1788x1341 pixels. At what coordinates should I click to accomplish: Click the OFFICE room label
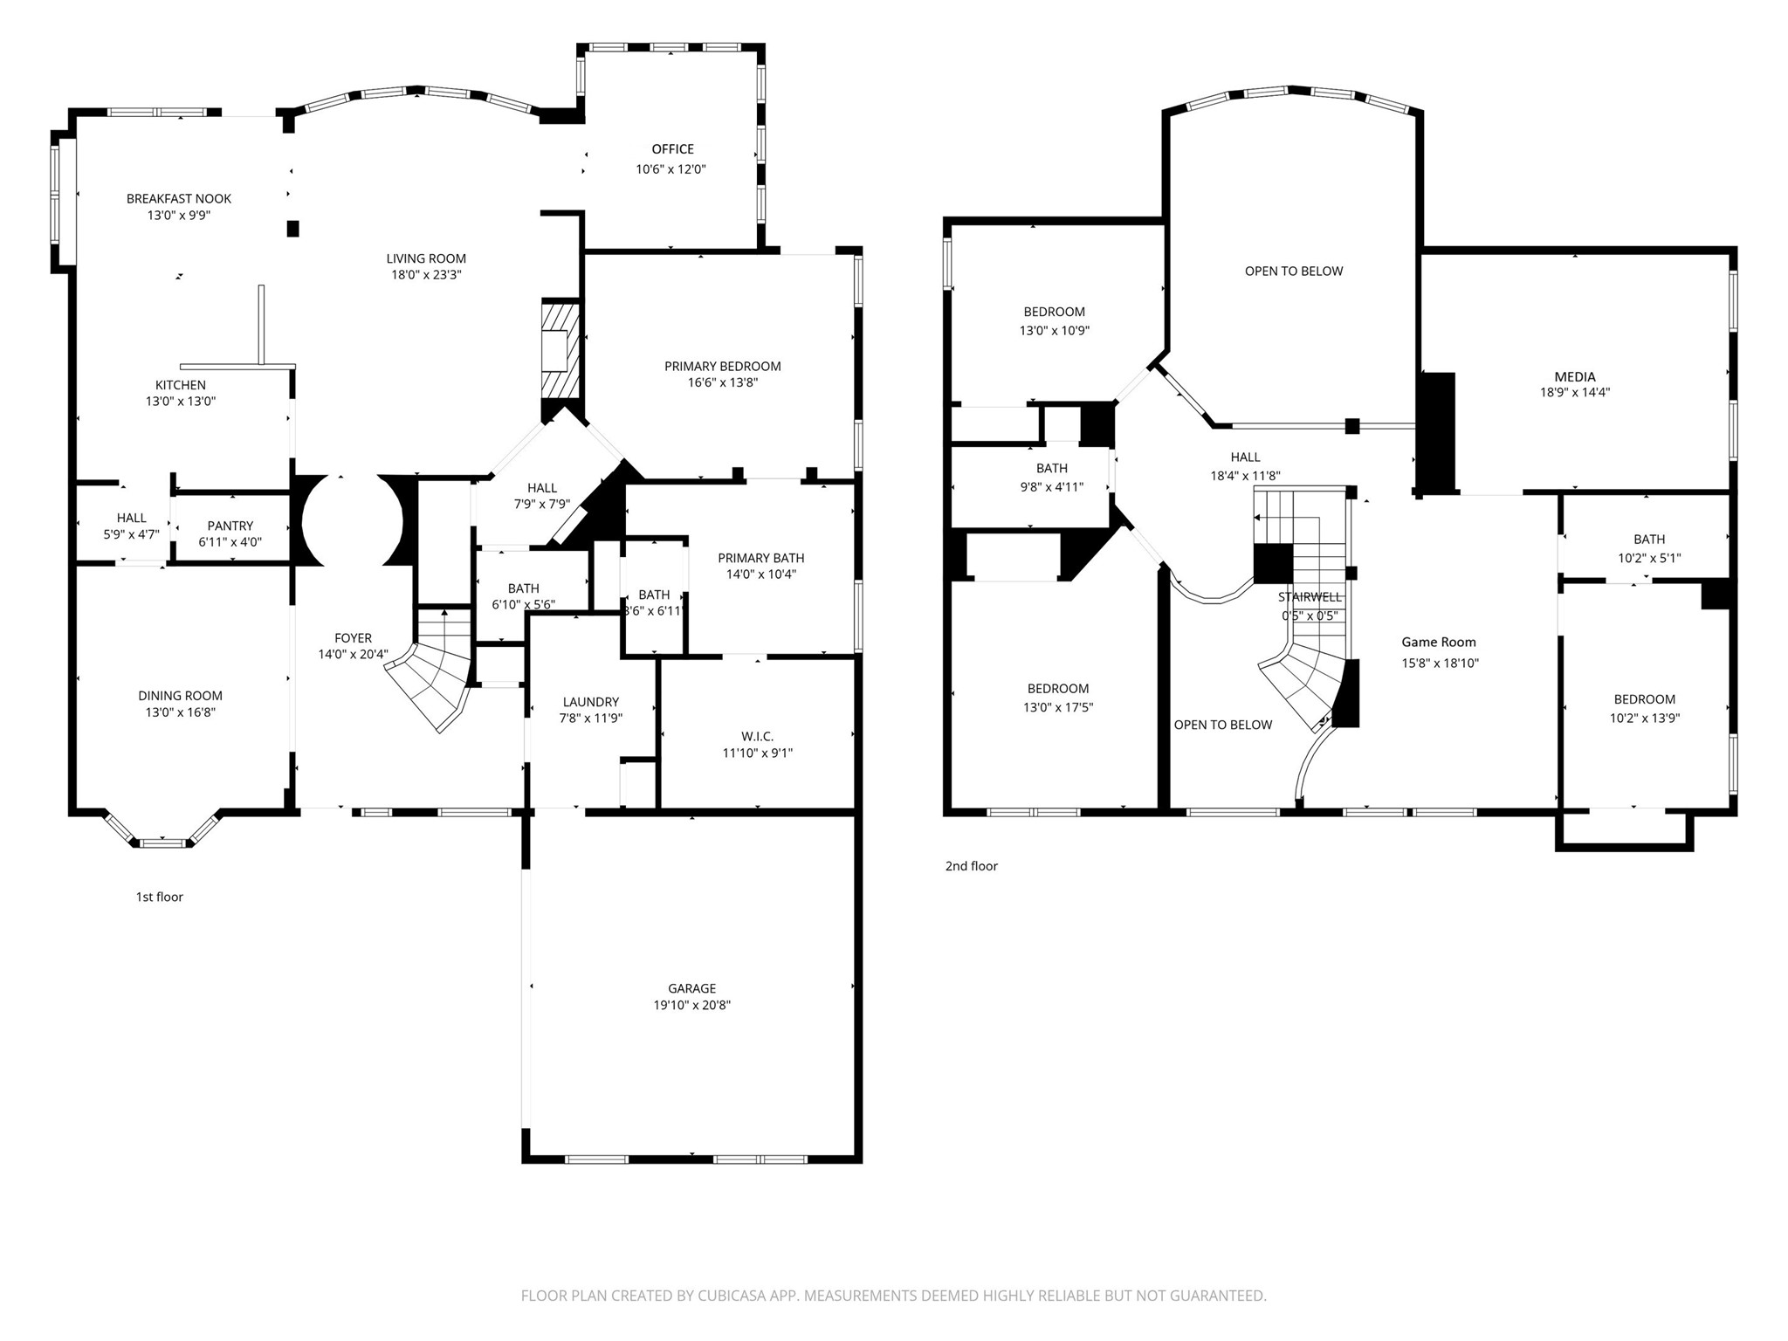click(x=672, y=149)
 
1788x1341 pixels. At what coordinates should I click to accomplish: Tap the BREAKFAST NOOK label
click(x=179, y=199)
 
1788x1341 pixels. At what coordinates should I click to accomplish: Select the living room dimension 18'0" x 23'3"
click(x=426, y=275)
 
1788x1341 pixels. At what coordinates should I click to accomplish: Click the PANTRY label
click(x=230, y=526)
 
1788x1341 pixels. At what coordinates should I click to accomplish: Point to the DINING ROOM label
click(x=180, y=696)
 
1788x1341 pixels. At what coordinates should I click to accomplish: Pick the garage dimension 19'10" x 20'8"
click(x=692, y=1005)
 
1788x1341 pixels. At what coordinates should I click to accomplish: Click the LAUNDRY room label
click(x=591, y=702)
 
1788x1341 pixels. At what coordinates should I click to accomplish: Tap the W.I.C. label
click(x=758, y=737)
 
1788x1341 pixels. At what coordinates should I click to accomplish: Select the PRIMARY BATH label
click(x=761, y=558)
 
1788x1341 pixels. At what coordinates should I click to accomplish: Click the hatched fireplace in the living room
click(x=560, y=349)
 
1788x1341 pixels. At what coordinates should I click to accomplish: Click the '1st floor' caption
click(x=159, y=897)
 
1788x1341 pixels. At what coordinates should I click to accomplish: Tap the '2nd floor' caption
click(x=971, y=866)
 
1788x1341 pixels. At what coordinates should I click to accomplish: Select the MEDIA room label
click(x=1575, y=377)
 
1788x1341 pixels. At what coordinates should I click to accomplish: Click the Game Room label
click(x=1439, y=643)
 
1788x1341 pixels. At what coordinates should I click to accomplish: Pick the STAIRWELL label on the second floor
click(x=1310, y=597)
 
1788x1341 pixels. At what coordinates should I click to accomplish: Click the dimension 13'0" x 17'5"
click(x=1058, y=708)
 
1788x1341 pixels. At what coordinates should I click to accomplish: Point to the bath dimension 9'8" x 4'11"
click(x=1052, y=487)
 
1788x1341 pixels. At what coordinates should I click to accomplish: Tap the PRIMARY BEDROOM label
click(x=723, y=367)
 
